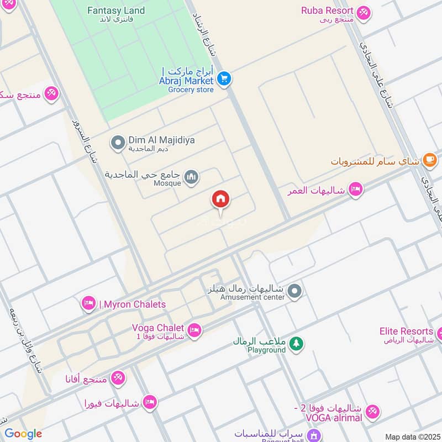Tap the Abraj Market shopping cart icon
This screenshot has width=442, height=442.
[x=224, y=79]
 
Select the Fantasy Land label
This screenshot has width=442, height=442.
[x=117, y=10]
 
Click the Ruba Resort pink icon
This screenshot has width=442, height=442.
[x=362, y=12]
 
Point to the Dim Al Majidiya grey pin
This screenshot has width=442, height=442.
[x=117, y=143]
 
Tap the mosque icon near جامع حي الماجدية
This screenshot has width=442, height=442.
[x=191, y=176]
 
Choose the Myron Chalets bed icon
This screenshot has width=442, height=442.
[x=88, y=303]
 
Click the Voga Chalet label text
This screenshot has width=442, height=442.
[x=158, y=328]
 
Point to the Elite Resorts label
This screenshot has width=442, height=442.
[x=406, y=331]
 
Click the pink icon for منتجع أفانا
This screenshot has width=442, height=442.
[x=118, y=378]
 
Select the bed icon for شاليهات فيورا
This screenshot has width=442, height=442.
[x=149, y=402]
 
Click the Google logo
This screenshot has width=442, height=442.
[x=23, y=434]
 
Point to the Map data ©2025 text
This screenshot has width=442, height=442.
[x=412, y=436]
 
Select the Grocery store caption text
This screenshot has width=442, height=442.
[x=191, y=90]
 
